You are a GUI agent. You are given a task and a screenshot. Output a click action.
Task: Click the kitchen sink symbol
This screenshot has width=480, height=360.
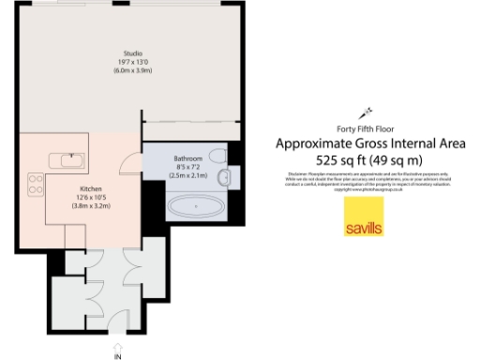click(67, 160)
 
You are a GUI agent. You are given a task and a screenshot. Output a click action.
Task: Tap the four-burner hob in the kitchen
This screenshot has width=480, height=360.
click(36, 184)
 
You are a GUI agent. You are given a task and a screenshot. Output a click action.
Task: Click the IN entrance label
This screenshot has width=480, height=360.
click(118, 355)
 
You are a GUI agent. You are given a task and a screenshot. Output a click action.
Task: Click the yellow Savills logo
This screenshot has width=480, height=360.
click(363, 228)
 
